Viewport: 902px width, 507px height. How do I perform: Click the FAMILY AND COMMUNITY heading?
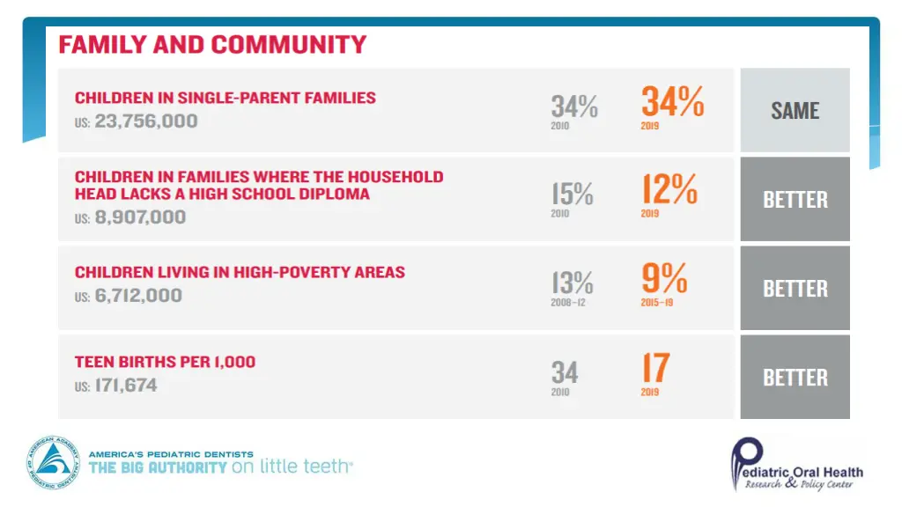pyautogui.click(x=212, y=44)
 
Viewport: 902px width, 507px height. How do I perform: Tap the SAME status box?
pyautogui.click(x=795, y=110)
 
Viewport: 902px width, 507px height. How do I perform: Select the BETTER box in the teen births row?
pyautogui.click(x=795, y=377)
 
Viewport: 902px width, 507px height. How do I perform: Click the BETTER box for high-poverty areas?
pyautogui.click(x=795, y=288)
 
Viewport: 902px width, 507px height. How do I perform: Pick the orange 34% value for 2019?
pyautogui.click(x=672, y=102)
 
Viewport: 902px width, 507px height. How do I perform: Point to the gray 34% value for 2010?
pyautogui.click(x=574, y=107)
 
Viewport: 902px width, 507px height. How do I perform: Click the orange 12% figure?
pyautogui.click(x=669, y=189)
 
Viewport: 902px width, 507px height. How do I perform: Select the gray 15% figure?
pyautogui.click(x=573, y=193)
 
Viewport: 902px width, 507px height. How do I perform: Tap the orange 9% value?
pyautogui.click(x=664, y=279)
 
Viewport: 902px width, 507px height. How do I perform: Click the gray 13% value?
pyautogui.click(x=573, y=283)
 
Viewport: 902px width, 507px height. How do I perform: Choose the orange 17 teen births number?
pyautogui.click(x=655, y=368)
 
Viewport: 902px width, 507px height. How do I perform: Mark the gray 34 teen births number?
pyautogui.click(x=565, y=371)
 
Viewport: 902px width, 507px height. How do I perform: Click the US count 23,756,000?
pyautogui.click(x=145, y=121)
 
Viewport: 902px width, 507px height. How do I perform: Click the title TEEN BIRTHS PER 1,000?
pyautogui.click(x=165, y=362)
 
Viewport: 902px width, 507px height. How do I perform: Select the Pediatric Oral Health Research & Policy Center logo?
pyautogui.click(x=795, y=465)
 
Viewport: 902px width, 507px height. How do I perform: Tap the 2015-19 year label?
pyautogui.click(x=656, y=302)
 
